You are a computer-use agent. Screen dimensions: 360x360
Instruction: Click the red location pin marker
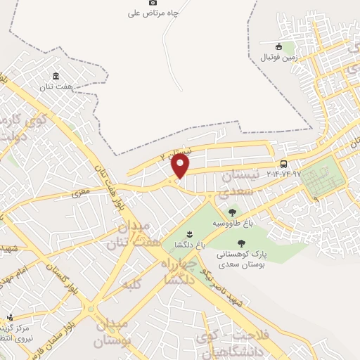(181, 167)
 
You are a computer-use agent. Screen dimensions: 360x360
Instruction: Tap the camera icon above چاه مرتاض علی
(153, 3)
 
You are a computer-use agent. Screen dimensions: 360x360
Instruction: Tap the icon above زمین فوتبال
(278, 47)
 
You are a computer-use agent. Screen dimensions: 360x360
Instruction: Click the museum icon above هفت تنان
(56, 76)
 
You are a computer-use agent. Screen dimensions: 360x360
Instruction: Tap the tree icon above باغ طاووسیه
(232, 212)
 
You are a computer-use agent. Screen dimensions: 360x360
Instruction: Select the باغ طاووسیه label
(232, 224)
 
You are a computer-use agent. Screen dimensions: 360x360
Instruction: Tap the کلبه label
(131, 285)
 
